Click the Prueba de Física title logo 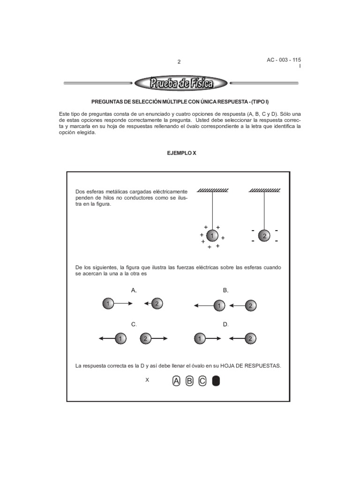point(181,84)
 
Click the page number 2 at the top point(179,62)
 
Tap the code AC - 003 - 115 point(284,60)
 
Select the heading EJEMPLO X point(180,153)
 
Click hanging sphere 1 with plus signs point(212,236)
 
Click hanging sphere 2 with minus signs point(264,236)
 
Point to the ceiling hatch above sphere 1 point(213,190)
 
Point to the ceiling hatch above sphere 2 point(265,190)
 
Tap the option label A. point(134,291)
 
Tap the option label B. point(225,291)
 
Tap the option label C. point(134,324)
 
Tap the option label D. point(225,324)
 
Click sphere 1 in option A point(108,304)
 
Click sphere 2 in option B point(251,306)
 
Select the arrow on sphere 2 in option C point(159,338)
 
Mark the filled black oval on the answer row point(216,381)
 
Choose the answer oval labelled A point(176,381)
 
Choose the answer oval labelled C point(202,381)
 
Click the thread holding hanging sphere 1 point(213,211)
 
